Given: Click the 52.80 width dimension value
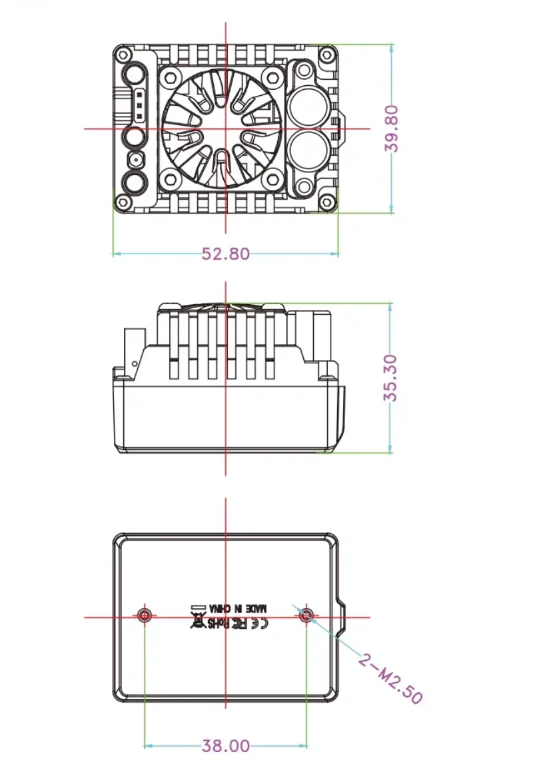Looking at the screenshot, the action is pyautogui.click(x=225, y=254).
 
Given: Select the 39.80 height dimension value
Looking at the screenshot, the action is pyautogui.click(x=392, y=128).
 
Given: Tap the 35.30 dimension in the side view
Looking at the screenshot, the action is pyautogui.click(x=390, y=377).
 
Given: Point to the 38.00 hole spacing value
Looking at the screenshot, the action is pyautogui.click(x=225, y=746).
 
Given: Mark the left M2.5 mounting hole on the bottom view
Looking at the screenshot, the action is pyautogui.click(x=145, y=614).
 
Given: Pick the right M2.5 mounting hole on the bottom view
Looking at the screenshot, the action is pyautogui.click(x=306, y=614).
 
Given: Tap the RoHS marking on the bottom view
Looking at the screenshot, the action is pyautogui.click(x=218, y=624).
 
